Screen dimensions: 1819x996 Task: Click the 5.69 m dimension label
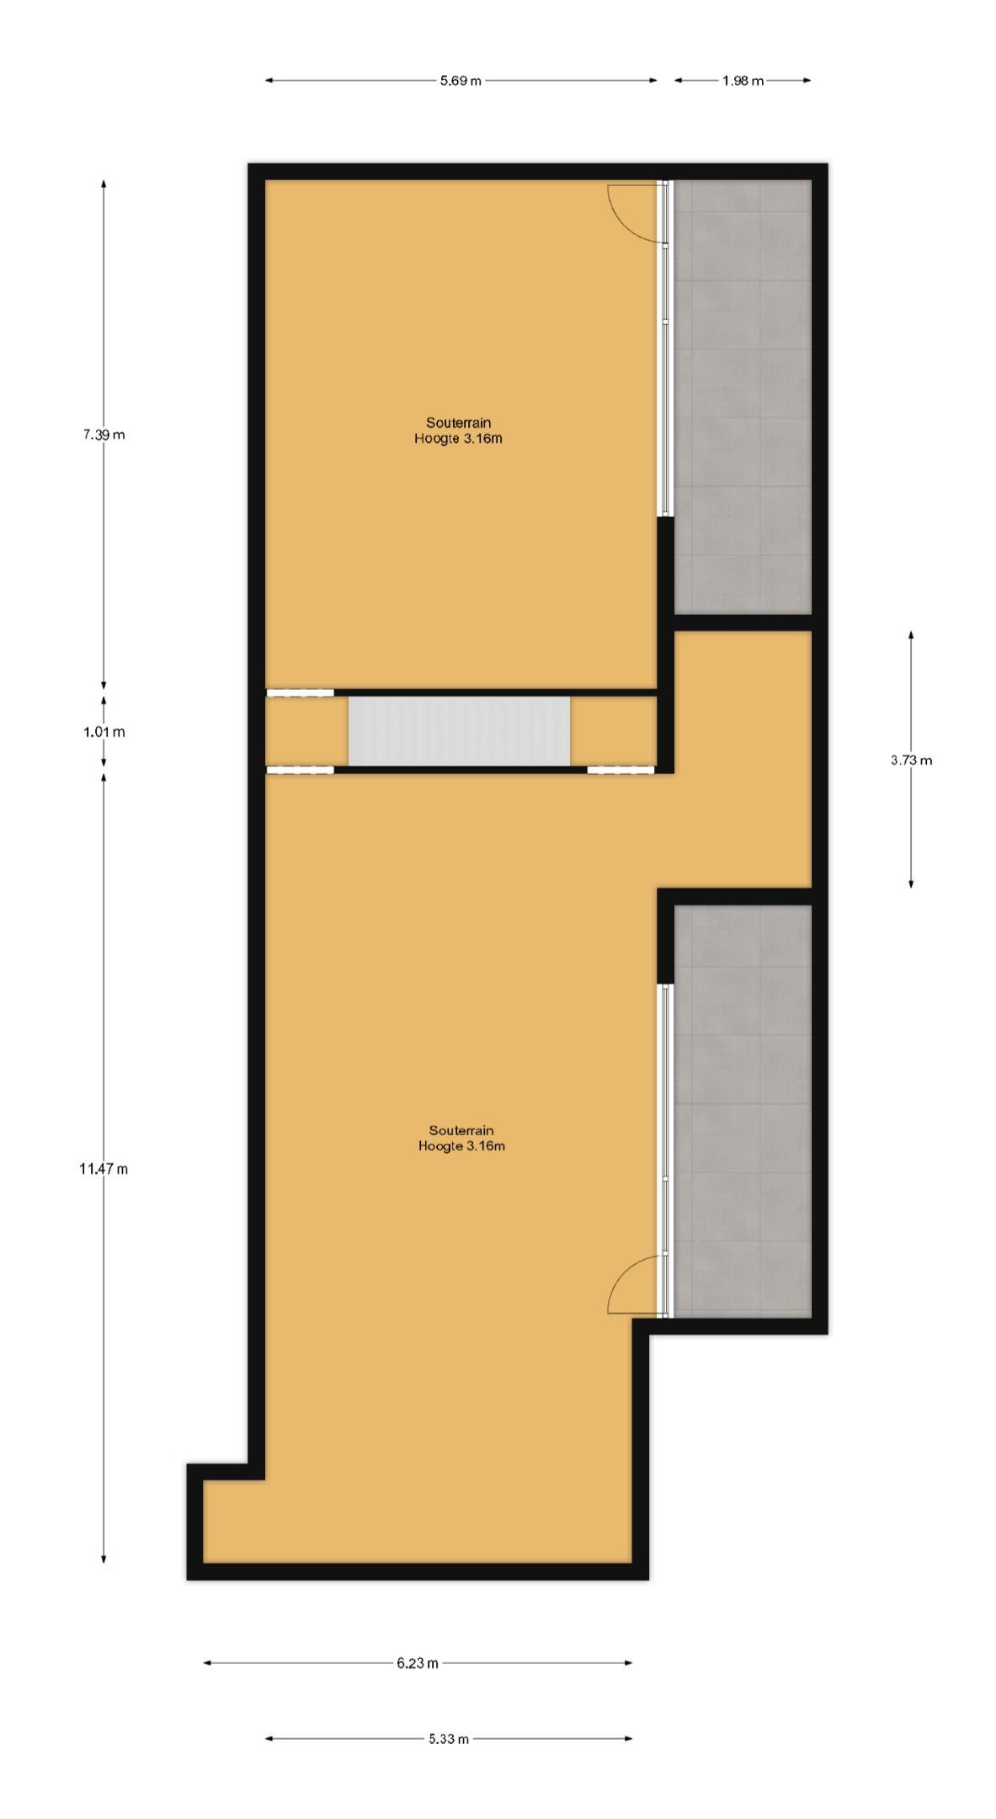[461, 81]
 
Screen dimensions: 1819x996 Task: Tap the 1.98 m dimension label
[743, 81]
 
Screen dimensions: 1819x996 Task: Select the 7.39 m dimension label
[104, 435]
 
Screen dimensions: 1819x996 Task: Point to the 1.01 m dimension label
[104, 732]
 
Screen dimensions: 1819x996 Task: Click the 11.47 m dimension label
[104, 1168]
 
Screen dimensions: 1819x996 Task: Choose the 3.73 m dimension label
[911, 760]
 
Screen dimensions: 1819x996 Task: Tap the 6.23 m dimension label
[418, 1662]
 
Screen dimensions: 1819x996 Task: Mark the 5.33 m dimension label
[449, 1738]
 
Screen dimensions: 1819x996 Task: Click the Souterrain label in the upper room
[458, 422]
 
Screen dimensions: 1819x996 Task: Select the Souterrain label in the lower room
[461, 1129]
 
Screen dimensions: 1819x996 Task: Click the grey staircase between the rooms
[459, 731]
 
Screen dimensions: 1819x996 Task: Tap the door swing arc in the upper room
[633, 213]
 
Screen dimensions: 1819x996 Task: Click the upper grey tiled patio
[743, 396]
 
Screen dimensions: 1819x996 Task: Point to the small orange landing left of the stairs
[306, 731]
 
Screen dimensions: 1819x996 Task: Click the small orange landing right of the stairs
[613, 731]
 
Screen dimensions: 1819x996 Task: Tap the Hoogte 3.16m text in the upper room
[458, 439]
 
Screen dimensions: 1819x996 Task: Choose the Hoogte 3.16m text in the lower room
[461, 1146]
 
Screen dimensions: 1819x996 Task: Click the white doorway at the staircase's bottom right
[621, 770]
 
